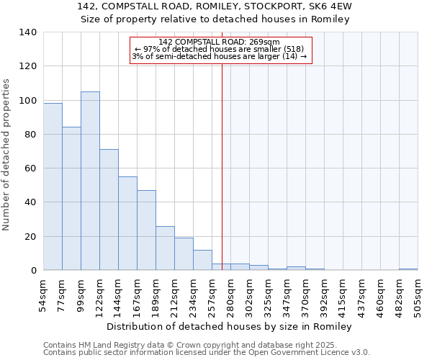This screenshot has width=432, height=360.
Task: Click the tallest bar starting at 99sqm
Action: pyautogui.click(x=90, y=181)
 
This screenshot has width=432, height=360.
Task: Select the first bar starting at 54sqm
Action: pyautogui.click(x=53, y=186)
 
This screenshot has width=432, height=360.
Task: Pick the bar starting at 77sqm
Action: pyautogui.click(x=71, y=198)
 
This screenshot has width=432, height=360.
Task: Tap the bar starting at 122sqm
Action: pyautogui.click(x=109, y=210)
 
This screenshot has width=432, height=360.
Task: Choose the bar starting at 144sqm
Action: pyautogui.click(x=127, y=223)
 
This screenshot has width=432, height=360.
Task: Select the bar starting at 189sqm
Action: pyautogui.click(x=165, y=248)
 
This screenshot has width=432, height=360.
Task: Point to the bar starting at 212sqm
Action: pyautogui.click(x=184, y=254)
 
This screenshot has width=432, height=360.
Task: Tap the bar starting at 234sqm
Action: pyautogui.click(x=202, y=260)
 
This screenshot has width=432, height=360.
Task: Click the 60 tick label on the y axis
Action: pyautogui.click(x=31, y=168)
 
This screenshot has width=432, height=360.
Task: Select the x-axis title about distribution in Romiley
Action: pyautogui.click(x=230, y=327)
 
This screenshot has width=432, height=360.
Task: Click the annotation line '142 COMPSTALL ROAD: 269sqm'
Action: pyautogui.click(x=220, y=42)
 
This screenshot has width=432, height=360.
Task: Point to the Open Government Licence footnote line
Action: pyautogui.click(x=207, y=353)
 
